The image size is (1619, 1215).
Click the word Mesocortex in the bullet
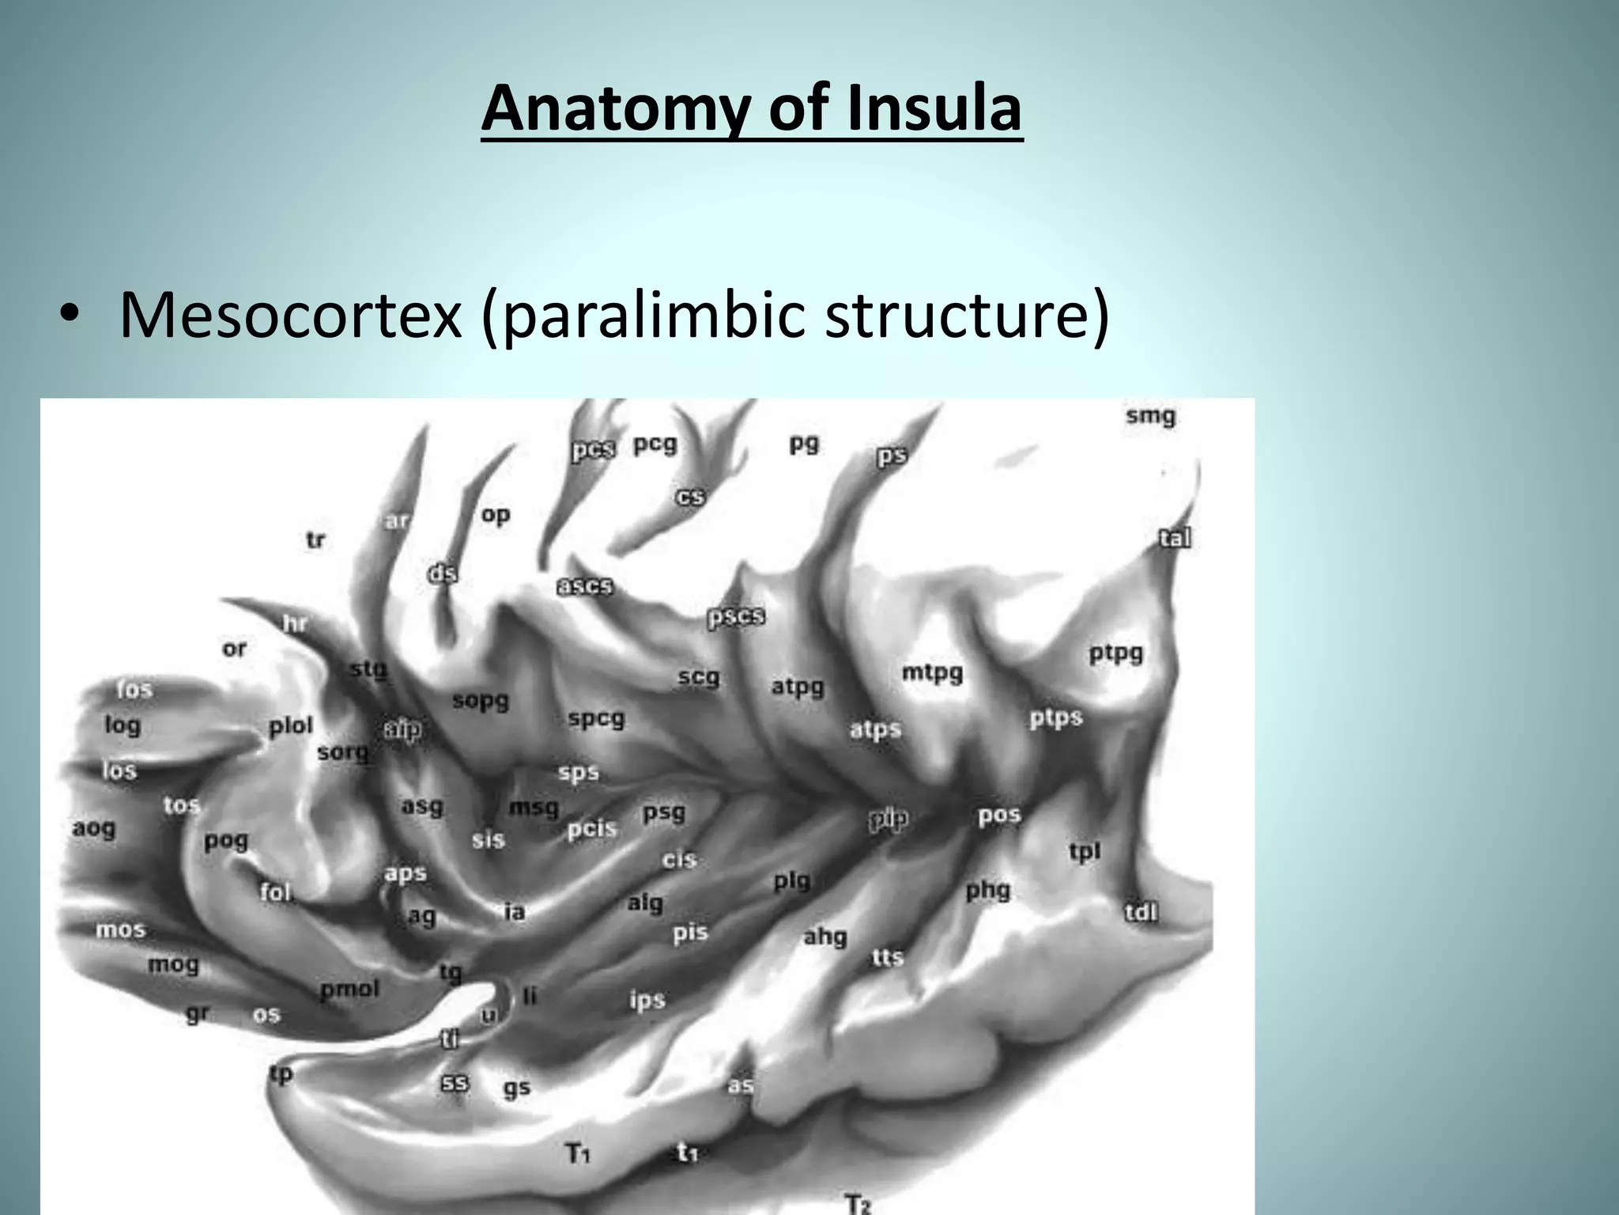pos(290,315)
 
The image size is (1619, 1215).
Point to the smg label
pos(1150,416)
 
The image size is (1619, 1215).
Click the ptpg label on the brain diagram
pos(1115,653)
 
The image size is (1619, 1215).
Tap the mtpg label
pos(933,673)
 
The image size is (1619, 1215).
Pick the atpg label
pos(798,686)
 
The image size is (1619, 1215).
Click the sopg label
pos(481,701)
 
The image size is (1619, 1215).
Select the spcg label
pos(596,719)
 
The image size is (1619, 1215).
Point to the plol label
pos(291,725)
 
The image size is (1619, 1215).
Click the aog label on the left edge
pos(94,828)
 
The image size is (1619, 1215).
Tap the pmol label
pos(349,989)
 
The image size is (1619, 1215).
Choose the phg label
pos(988,891)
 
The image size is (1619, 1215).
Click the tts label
pos(887,957)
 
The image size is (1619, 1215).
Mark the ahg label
pos(825,937)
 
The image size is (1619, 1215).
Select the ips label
pos(647,1000)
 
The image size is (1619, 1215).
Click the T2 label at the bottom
pos(859,1205)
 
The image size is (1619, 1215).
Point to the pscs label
pos(736,616)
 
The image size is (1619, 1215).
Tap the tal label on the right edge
pos(1175,539)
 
